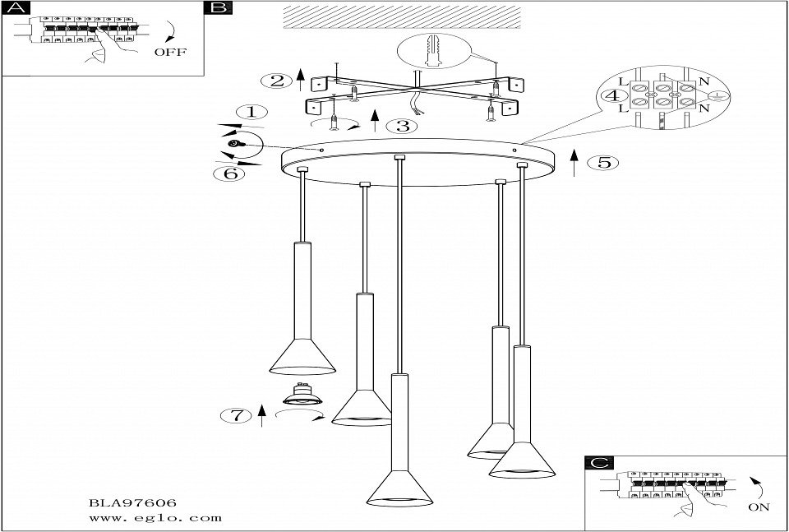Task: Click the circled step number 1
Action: tap(251, 112)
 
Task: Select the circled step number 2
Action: tap(277, 81)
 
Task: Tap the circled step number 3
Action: tap(403, 126)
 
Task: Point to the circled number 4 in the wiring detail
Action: tap(613, 95)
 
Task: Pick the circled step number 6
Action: tap(229, 174)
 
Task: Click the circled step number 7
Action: tap(236, 416)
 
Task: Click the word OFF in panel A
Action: tap(170, 52)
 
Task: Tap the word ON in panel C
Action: tap(759, 507)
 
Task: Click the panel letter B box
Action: tap(219, 7)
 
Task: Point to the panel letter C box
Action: tap(599, 463)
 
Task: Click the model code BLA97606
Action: tap(132, 502)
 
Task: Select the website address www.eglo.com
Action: tap(155, 517)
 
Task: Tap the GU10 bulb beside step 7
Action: tap(302, 394)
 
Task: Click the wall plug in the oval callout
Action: tap(432, 51)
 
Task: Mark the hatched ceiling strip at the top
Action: tap(402, 17)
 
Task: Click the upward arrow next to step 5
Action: tap(574, 163)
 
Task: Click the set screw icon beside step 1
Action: tap(235, 144)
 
